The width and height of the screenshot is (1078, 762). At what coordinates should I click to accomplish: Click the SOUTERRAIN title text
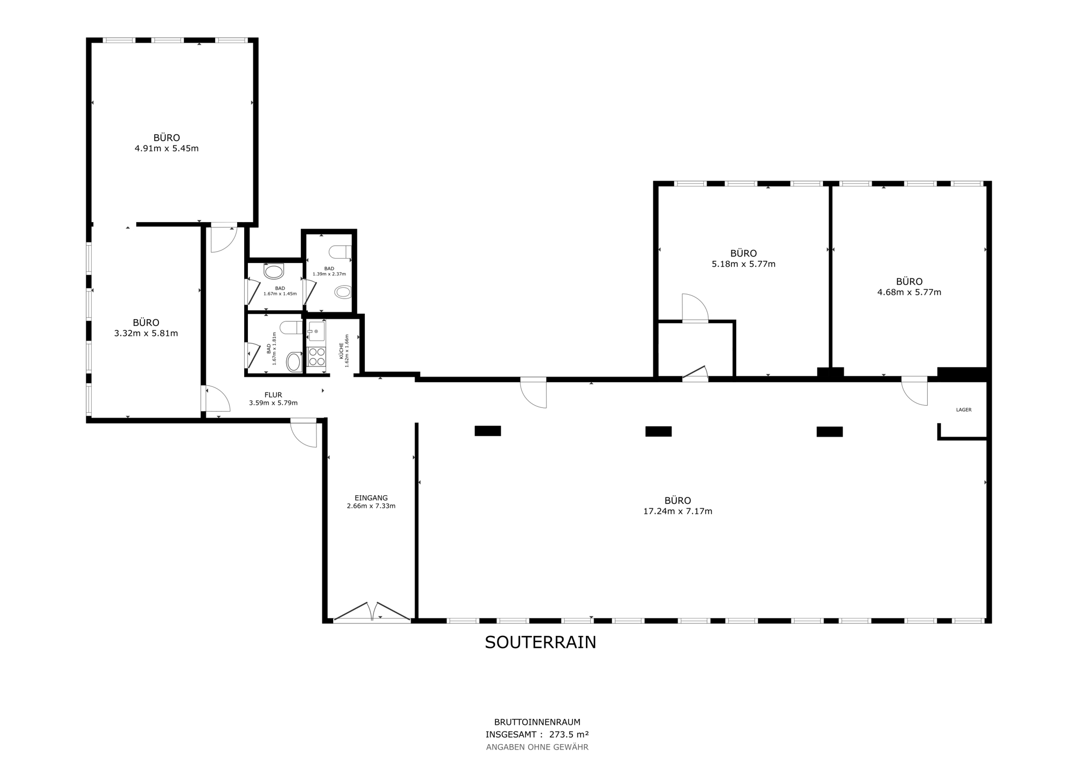[540, 642]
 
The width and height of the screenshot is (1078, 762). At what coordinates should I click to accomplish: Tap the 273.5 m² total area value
[569, 734]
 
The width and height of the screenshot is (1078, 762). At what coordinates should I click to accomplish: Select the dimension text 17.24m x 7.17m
[678, 511]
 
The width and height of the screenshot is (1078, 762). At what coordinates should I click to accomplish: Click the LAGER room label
[964, 410]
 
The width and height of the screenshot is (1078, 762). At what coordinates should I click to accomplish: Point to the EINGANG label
[371, 498]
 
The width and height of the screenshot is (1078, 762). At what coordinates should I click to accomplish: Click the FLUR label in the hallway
[273, 395]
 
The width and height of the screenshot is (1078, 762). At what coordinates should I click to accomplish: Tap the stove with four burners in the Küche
[316, 356]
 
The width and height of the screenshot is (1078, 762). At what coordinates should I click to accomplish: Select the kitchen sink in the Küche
[316, 331]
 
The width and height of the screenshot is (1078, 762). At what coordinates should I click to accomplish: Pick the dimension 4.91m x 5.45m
[167, 148]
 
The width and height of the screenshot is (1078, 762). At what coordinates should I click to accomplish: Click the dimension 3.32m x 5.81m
[146, 334]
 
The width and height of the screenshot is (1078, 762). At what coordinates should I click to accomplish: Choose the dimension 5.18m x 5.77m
[743, 264]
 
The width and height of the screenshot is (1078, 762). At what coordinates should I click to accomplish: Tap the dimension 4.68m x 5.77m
[909, 293]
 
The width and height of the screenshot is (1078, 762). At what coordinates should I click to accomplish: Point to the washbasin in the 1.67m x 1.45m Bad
[274, 271]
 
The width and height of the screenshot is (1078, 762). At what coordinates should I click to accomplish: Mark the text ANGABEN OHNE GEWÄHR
[537, 747]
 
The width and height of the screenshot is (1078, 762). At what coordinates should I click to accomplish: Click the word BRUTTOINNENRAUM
[537, 722]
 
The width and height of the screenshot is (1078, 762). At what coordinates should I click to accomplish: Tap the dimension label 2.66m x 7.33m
[371, 506]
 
